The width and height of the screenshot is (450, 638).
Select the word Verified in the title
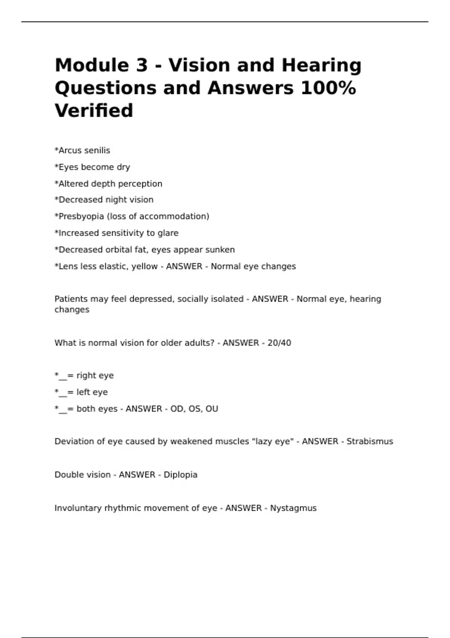pos(94,111)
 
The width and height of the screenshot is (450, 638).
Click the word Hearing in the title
pos(321,65)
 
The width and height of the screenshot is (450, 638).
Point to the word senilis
pos(97,150)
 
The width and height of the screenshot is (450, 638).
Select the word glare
pos(168,233)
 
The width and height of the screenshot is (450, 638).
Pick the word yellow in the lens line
pos(144,266)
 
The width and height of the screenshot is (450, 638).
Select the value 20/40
pos(279,343)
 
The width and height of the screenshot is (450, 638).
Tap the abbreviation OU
pos(212,409)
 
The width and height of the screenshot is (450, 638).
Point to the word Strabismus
pos(370,441)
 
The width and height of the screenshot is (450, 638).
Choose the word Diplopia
pos(180,475)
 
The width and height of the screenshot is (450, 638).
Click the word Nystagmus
pos(293,508)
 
